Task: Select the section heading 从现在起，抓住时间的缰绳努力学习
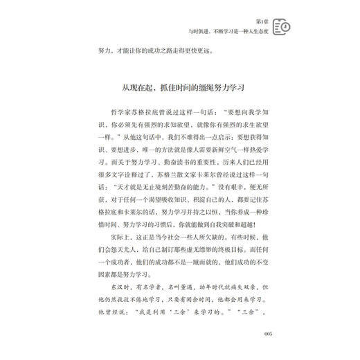pyautogui.click(x=180, y=89)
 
